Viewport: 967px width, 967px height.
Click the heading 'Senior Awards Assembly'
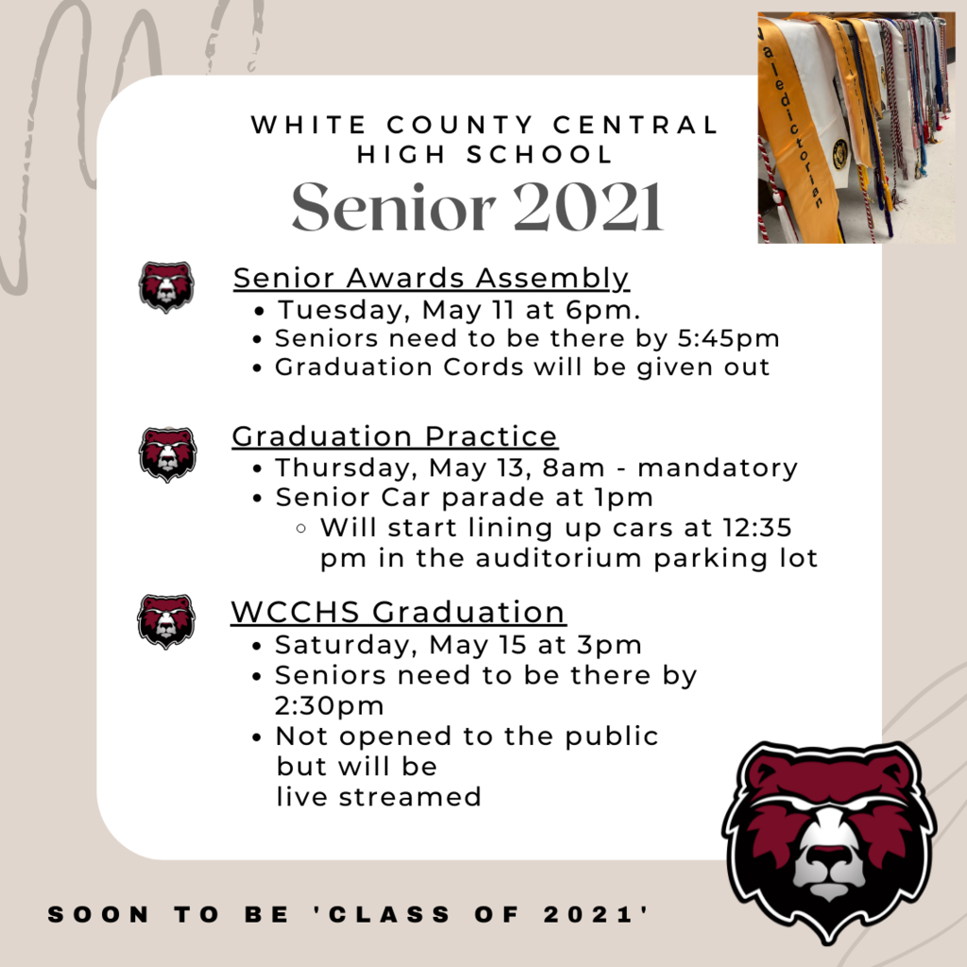(431, 279)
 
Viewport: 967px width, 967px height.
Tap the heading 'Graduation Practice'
(395, 436)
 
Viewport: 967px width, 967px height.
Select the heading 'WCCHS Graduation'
(399, 612)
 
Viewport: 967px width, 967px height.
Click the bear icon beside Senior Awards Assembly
(166, 287)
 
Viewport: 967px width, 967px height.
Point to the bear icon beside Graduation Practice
(168, 454)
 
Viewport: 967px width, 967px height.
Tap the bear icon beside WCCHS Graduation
(166, 621)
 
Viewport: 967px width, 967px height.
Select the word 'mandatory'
(718, 468)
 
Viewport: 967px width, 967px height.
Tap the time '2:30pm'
(330, 705)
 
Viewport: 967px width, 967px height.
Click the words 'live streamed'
(379, 796)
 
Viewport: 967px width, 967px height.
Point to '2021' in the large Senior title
(587, 207)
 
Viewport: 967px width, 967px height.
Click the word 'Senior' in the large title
(394, 207)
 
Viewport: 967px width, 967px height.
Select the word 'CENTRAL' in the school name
(636, 125)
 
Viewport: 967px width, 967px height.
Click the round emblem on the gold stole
(840, 154)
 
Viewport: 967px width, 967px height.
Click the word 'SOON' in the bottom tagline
(98, 914)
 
